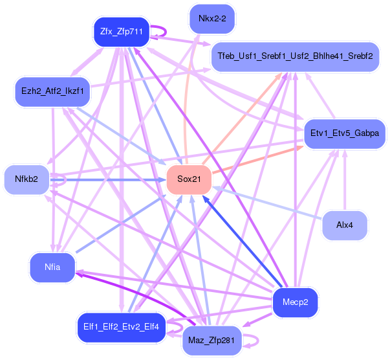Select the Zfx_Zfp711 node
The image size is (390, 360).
tap(122, 32)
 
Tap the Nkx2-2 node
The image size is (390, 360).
tap(212, 19)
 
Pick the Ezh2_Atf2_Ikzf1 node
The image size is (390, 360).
tap(52, 91)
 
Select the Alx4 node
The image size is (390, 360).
tap(345, 225)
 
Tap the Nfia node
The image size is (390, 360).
tap(52, 268)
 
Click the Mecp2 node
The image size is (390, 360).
tap(295, 302)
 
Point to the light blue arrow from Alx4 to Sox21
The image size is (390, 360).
tap(272, 203)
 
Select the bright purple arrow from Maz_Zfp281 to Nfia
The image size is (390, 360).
tap(129, 294)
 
